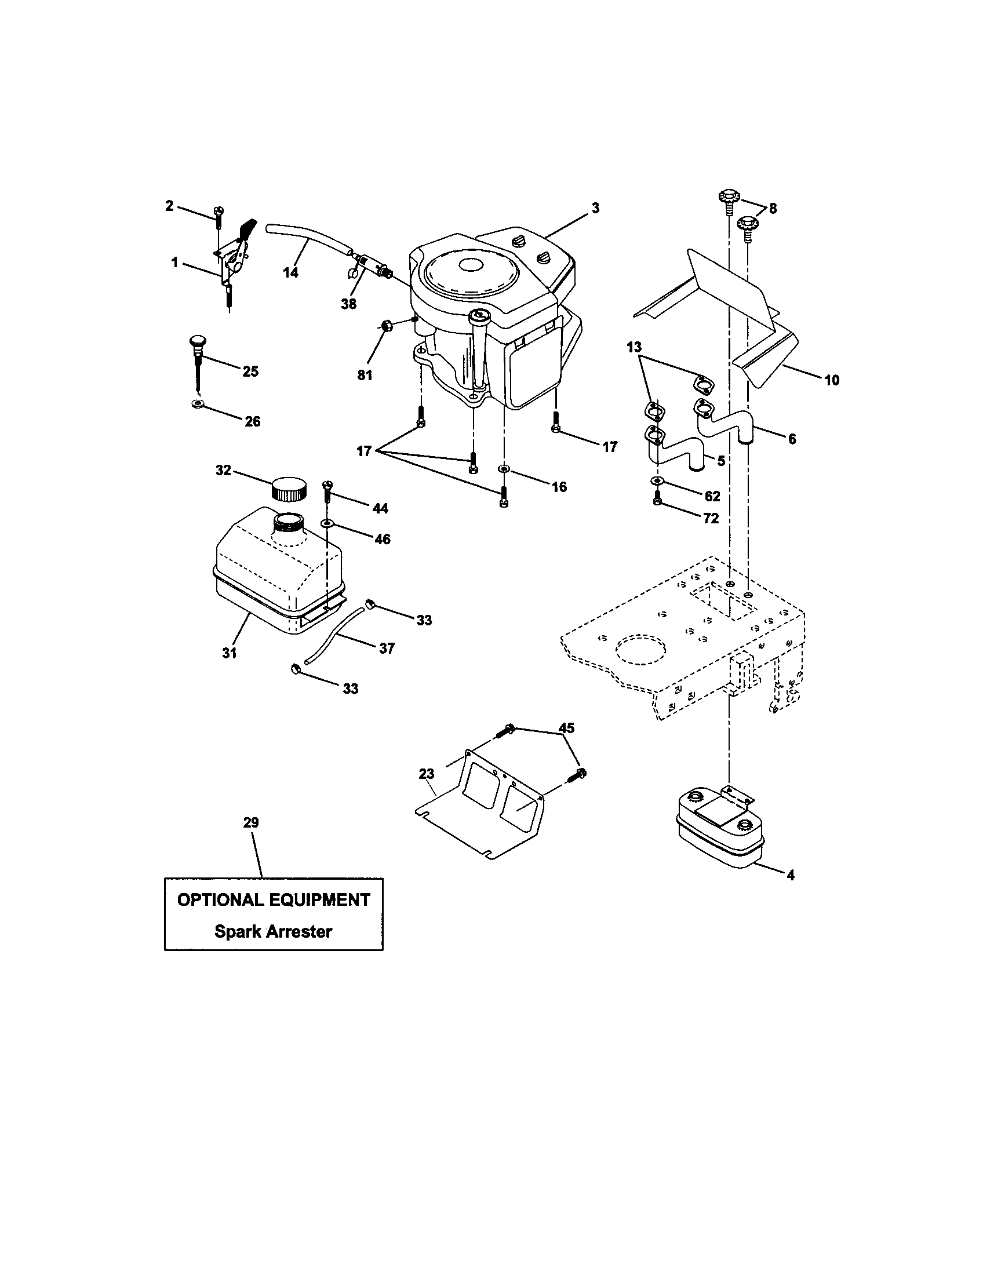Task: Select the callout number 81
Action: click(365, 376)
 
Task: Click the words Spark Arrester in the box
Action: click(273, 931)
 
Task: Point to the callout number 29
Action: click(250, 822)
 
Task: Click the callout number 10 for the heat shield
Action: click(832, 380)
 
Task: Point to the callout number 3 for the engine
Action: click(595, 208)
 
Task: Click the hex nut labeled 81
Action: click(386, 325)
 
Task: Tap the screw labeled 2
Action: click(220, 218)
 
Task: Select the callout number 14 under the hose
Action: click(290, 272)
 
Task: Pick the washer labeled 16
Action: click(503, 469)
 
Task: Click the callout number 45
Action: click(566, 728)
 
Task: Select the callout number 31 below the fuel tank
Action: click(230, 653)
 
